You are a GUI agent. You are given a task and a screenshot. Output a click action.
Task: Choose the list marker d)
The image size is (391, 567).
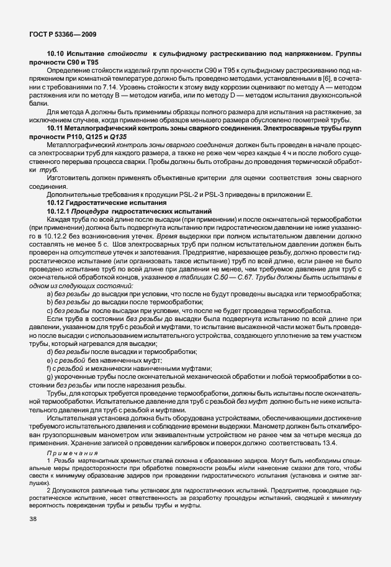50,352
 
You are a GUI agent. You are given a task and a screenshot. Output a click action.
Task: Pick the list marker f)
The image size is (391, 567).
49,368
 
